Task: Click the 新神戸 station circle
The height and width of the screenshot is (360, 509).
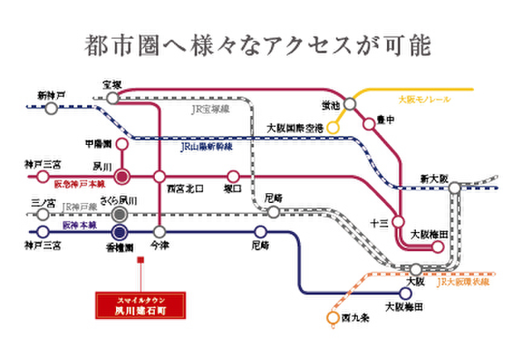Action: click(51, 108)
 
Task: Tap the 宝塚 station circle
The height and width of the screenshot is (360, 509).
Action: click(112, 98)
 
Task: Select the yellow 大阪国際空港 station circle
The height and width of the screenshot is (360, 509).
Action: click(333, 127)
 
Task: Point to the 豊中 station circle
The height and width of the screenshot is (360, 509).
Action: click(368, 123)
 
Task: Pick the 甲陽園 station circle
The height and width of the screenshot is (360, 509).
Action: click(122, 144)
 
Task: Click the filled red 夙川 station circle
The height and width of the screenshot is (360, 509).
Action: click(122, 176)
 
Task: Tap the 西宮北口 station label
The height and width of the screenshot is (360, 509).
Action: click(185, 188)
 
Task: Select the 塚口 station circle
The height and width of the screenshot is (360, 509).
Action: click(232, 176)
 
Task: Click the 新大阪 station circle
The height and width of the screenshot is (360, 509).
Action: click(454, 188)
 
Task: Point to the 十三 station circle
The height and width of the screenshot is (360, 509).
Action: click(398, 221)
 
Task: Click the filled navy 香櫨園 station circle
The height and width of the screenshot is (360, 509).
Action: click(119, 231)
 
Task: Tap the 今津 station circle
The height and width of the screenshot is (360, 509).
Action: click(160, 231)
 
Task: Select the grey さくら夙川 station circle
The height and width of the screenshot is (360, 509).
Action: click(120, 214)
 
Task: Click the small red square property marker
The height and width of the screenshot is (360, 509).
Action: click(141, 260)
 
